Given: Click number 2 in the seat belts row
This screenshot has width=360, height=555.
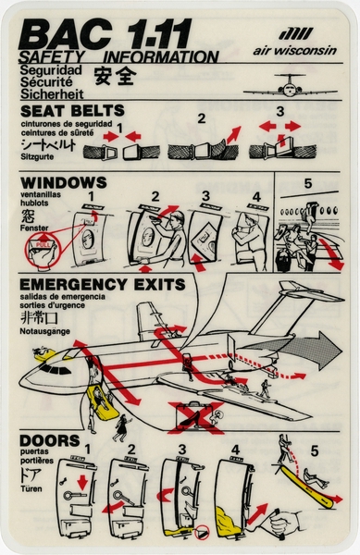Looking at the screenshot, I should (x=201, y=118).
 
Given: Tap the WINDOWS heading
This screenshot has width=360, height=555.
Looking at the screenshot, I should (x=62, y=182).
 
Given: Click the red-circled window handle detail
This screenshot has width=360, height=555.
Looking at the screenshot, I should (x=33, y=252).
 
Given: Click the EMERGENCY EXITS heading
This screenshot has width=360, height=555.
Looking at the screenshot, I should (x=100, y=284).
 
